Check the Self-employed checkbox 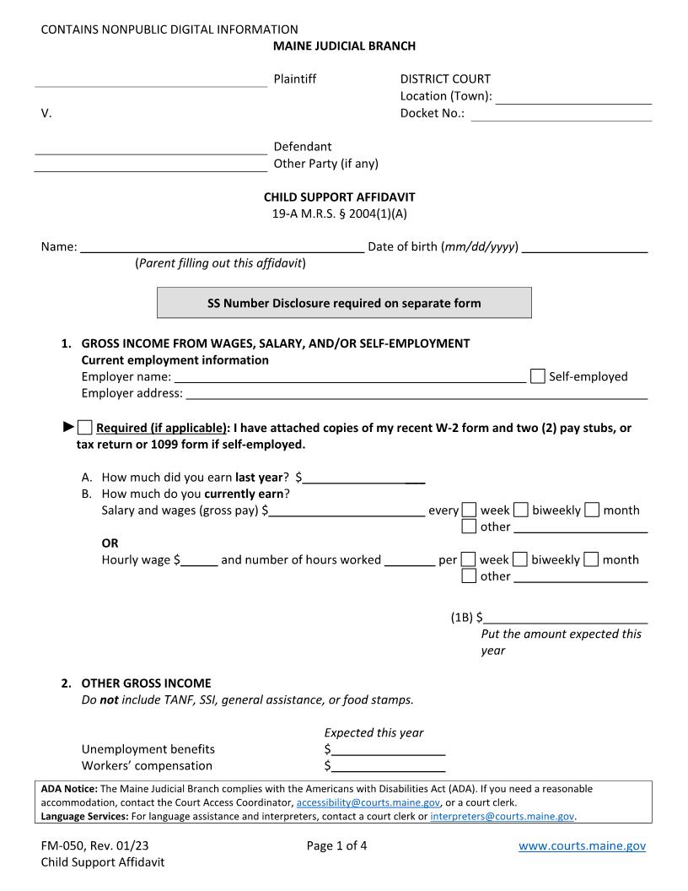(x=538, y=376)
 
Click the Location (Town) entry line (x=573, y=98)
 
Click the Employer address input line (x=417, y=393)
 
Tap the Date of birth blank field (x=584, y=247)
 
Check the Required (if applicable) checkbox (x=84, y=427)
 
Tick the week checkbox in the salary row (x=470, y=510)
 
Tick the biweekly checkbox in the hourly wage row (x=521, y=559)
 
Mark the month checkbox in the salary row (x=592, y=510)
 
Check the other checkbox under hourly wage (x=470, y=576)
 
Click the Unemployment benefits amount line (x=388, y=749)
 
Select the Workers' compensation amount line (x=388, y=766)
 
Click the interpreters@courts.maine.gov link (x=503, y=817)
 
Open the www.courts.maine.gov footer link (x=582, y=846)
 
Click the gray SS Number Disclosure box (x=344, y=303)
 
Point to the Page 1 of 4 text (x=336, y=846)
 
